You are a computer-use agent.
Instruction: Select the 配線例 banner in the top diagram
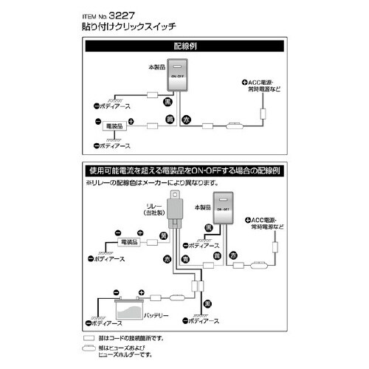(184, 46)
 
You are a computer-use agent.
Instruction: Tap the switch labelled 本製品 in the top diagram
(179, 76)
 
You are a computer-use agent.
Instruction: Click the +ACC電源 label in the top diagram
(260, 83)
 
